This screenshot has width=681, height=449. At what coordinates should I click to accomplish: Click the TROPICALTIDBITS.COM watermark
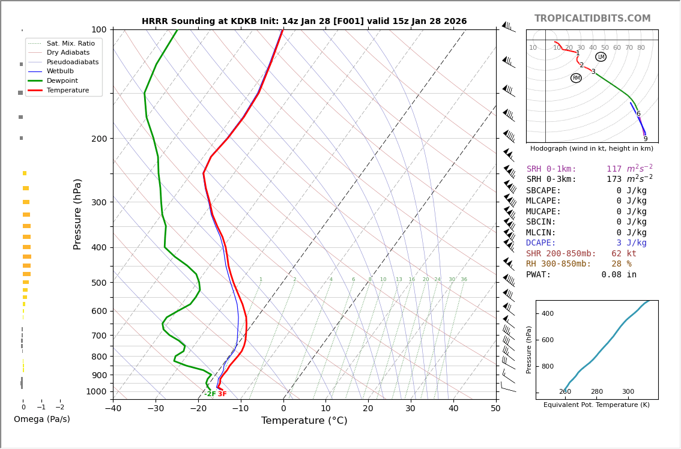592,19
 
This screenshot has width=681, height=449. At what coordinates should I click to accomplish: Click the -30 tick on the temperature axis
156,409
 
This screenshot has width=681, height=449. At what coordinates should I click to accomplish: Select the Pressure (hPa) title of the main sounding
77,214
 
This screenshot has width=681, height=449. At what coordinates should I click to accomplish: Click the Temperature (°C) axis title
304,421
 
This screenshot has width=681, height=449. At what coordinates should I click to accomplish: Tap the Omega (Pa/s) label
42,419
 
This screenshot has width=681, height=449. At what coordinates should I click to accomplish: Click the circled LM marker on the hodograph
601,57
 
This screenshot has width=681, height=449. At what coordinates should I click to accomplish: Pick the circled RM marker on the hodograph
576,78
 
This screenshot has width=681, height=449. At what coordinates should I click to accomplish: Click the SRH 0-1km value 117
614,169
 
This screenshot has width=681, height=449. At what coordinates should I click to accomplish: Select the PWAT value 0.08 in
619,275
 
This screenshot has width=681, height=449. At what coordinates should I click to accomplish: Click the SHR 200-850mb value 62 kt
623,254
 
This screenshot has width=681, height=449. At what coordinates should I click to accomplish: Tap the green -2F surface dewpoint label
210,394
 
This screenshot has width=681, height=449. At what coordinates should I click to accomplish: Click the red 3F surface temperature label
222,394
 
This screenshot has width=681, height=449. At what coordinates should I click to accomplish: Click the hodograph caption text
592,148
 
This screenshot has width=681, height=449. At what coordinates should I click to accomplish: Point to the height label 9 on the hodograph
646,139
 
